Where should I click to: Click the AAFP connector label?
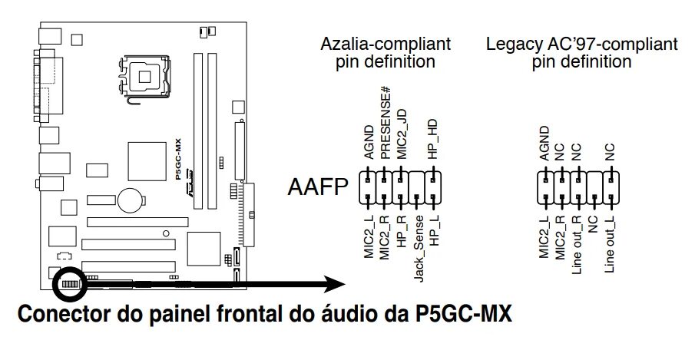[x=317, y=187]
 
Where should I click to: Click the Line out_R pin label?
[x=577, y=247]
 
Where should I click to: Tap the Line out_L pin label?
[x=611, y=246]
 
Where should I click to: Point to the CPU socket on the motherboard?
[x=144, y=75]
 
